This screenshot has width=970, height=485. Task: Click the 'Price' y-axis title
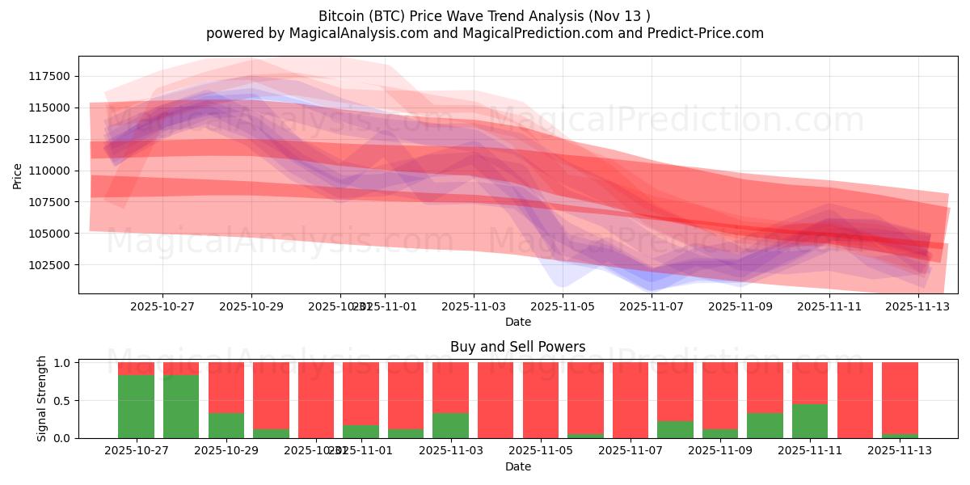18,175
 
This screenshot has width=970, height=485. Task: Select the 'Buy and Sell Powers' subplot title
517,347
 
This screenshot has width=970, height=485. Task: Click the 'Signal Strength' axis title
42,399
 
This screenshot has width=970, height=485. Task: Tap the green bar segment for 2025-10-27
136,407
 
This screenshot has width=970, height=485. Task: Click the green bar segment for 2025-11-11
810,421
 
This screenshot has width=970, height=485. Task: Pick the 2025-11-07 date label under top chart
652,306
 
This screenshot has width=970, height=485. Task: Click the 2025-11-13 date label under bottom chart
900,450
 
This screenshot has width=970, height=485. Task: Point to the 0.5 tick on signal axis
63,401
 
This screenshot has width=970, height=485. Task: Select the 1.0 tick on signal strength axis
63,363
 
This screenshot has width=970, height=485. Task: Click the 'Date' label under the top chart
517,322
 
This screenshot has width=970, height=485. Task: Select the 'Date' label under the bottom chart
517,466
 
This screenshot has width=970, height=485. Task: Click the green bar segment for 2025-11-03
450,425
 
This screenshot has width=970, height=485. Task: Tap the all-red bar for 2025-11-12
855,400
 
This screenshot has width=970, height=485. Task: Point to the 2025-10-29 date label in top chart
251,306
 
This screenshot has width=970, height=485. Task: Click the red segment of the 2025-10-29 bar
226,387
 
